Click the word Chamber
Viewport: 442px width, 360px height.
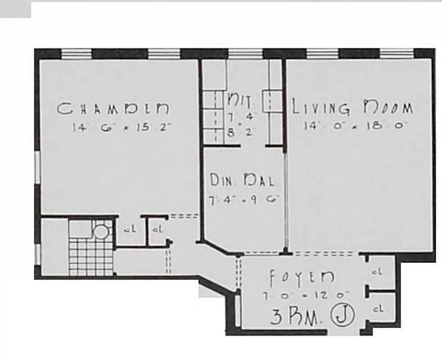113,108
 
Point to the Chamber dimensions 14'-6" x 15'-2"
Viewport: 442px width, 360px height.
122,127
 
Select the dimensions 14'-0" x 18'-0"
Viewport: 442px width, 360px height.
355,126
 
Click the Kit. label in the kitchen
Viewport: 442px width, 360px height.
240,99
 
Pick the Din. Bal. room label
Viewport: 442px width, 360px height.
242,180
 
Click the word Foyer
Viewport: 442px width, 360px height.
302,278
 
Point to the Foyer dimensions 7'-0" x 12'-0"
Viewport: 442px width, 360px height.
306,296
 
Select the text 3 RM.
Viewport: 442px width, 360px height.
295,317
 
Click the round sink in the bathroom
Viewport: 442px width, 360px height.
100,232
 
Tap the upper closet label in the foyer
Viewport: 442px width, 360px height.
378,272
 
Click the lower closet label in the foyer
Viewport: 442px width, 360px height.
378,309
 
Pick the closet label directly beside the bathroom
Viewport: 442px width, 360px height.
129,229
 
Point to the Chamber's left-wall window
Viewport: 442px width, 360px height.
37,167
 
